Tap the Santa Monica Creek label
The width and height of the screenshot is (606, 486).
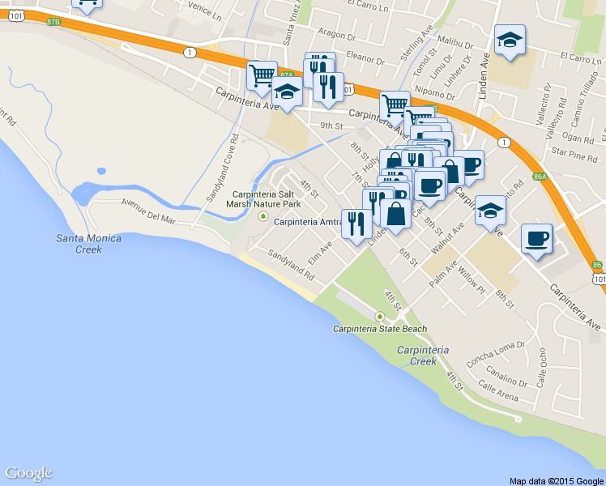89,244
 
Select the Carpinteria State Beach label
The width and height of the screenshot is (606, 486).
380,329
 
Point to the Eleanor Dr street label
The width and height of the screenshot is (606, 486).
364,58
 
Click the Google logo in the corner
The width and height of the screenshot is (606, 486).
28,473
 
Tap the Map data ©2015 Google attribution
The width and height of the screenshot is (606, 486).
557,480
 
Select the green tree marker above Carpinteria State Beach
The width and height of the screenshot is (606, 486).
379,316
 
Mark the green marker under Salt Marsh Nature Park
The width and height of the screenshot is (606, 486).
262,216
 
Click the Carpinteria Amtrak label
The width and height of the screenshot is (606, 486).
308,221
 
